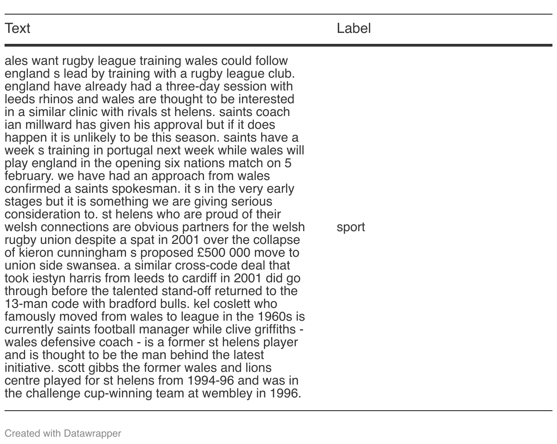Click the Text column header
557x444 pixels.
click(x=17, y=28)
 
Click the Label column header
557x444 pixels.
click(x=353, y=28)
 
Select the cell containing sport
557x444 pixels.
click(x=350, y=227)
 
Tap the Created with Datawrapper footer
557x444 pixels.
click(x=63, y=433)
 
